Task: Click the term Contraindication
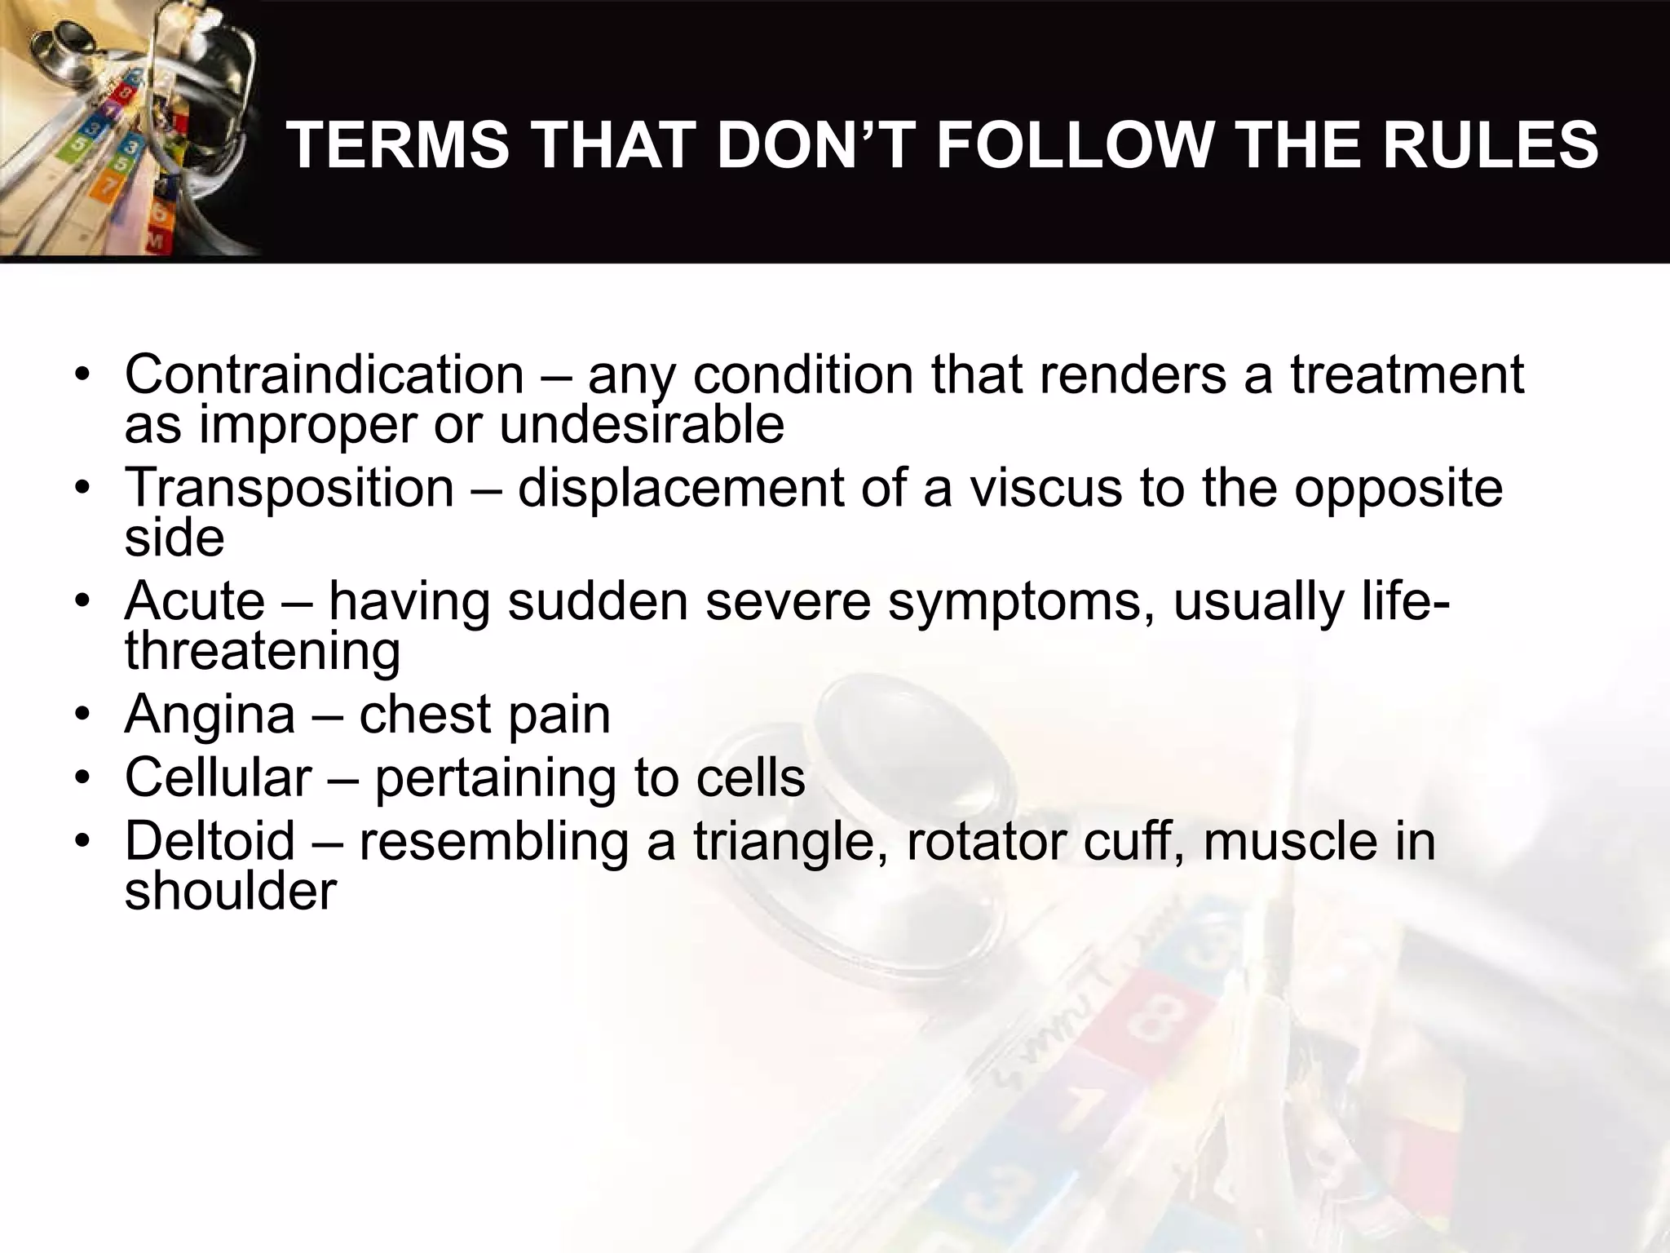coord(324,374)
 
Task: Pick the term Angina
coord(209,715)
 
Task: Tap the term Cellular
coord(218,777)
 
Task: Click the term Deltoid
coord(210,841)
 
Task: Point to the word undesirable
coord(641,424)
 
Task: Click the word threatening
coord(262,651)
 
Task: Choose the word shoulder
coord(230,891)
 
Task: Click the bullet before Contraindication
coord(82,376)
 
